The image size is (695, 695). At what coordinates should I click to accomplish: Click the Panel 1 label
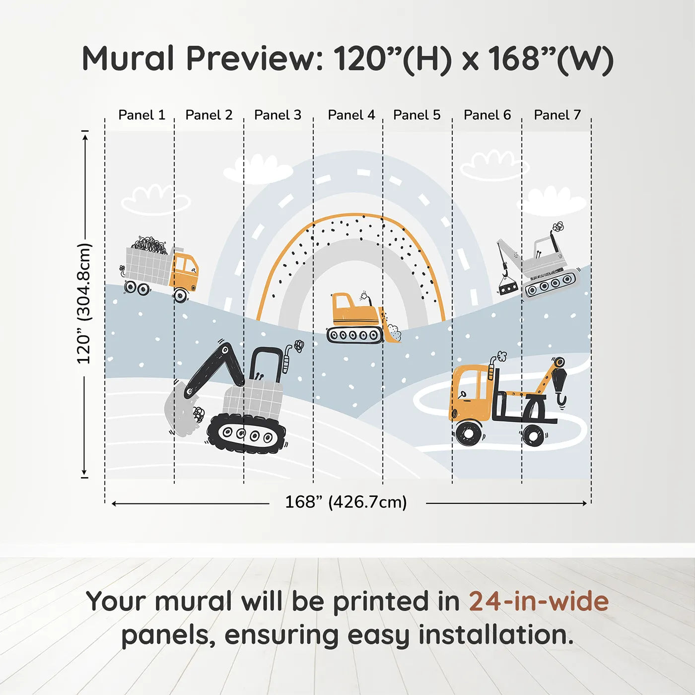click(142, 115)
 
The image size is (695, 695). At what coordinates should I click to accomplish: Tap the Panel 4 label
click(351, 115)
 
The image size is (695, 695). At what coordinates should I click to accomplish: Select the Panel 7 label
click(557, 115)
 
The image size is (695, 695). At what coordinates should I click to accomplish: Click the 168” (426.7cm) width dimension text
click(346, 502)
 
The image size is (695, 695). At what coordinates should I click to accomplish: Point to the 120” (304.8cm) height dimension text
click(84, 303)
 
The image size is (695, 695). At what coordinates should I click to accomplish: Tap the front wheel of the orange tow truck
click(468, 433)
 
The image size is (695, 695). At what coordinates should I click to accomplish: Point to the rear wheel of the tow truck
click(533, 434)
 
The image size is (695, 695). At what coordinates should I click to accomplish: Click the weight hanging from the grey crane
click(508, 287)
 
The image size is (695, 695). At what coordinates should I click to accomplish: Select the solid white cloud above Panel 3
click(258, 169)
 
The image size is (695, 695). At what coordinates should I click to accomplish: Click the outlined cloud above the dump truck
click(156, 200)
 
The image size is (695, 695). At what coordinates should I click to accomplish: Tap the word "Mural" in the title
click(129, 58)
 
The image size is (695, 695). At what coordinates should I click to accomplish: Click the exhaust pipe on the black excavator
click(287, 359)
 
